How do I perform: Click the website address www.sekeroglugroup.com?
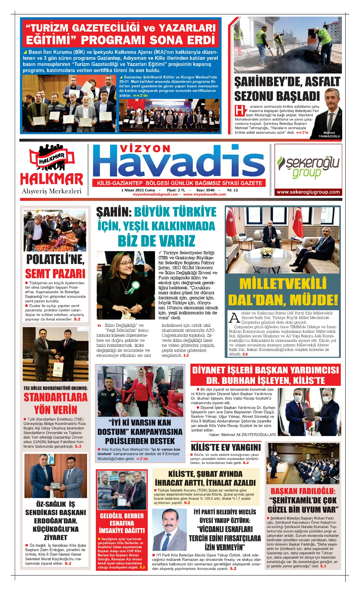click(x=308, y=192)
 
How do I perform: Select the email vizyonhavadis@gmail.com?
click(x=155, y=194)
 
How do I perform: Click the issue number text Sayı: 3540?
click(x=205, y=190)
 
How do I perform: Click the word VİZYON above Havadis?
click(x=145, y=149)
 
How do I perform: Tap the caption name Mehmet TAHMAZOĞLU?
click(x=329, y=134)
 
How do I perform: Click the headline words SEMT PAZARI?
click(x=55, y=274)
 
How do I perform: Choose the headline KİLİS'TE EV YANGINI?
click(x=226, y=447)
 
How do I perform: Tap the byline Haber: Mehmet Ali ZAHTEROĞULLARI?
click(x=242, y=434)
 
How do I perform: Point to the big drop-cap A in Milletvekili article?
click(x=234, y=317)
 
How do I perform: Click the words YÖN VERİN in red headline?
click(x=56, y=410)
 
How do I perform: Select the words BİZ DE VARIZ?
click(x=156, y=241)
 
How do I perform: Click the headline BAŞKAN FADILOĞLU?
click(x=303, y=491)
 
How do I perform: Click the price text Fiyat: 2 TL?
click(x=176, y=190)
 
